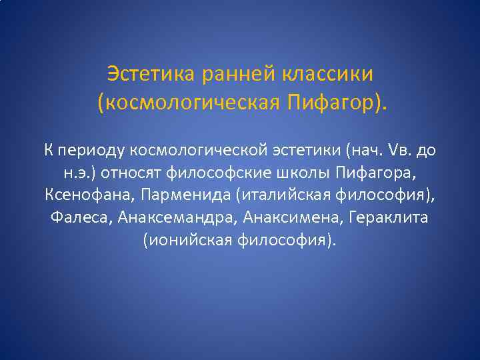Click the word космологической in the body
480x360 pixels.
click(x=192, y=150)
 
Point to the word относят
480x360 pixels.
click(x=129, y=173)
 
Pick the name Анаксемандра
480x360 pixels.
click(x=178, y=218)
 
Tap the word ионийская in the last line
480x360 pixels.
click(x=186, y=241)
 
